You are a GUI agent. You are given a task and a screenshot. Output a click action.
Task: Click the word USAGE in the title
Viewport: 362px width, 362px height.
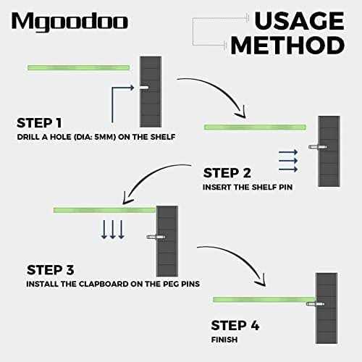[x=285, y=19]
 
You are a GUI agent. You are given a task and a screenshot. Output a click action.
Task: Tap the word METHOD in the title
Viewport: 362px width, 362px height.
[x=287, y=45]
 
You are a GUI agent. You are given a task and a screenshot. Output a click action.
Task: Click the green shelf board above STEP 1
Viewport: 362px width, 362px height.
[x=78, y=67]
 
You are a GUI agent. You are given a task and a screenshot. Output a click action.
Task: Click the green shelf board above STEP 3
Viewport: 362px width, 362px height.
[x=104, y=210]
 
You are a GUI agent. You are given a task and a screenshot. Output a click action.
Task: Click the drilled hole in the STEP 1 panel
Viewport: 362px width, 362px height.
[x=145, y=88]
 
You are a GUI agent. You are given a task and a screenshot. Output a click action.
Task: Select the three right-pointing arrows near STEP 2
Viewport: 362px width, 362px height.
[x=287, y=161]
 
